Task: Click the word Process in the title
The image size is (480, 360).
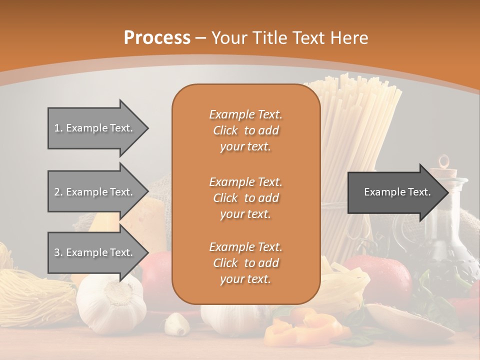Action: (x=157, y=38)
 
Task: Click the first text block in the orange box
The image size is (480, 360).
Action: (x=245, y=130)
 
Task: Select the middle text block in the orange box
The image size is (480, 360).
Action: (x=245, y=198)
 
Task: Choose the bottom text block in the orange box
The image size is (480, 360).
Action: (x=245, y=263)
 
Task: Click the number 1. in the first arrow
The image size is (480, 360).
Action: (x=58, y=128)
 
